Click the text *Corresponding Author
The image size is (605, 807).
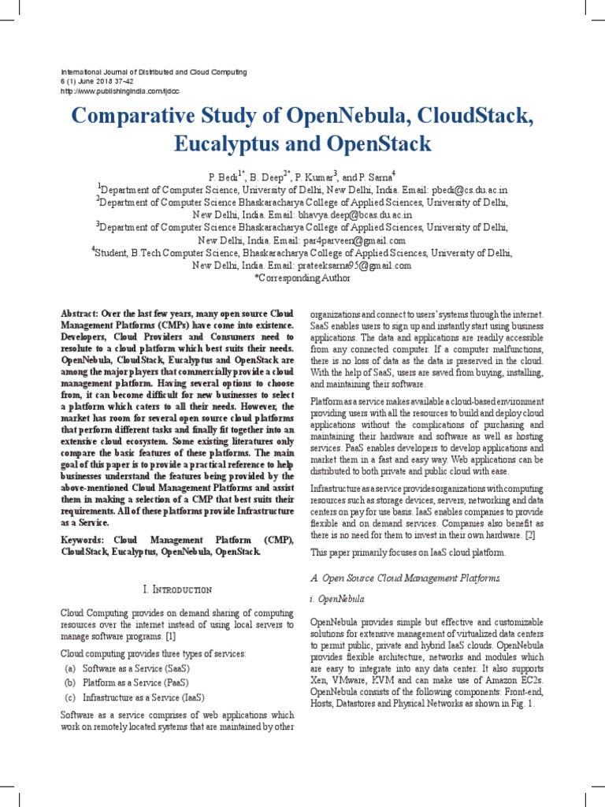pos(302,278)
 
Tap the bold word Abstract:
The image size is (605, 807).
pos(80,313)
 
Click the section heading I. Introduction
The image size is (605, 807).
pos(177,589)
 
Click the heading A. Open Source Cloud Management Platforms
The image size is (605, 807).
pos(405,578)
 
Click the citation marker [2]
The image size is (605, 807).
pos(530,535)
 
